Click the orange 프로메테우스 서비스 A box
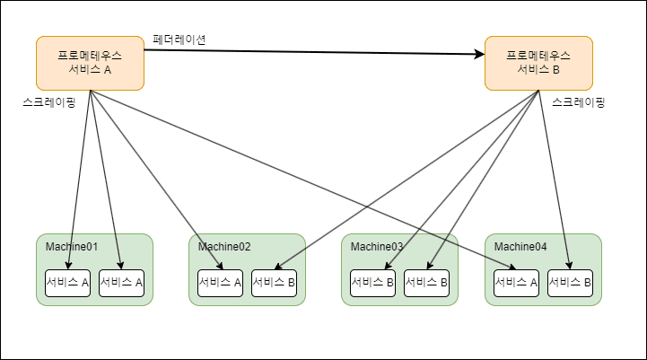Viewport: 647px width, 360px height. tap(90, 63)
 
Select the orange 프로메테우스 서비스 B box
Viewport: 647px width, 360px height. tap(538, 63)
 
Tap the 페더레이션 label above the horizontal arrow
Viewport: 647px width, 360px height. tap(180, 40)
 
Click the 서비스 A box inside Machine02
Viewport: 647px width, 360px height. tap(221, 283)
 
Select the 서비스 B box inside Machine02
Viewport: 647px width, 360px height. tap(275, 283)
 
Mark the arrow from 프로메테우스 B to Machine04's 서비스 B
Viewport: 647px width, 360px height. tap(555, 180)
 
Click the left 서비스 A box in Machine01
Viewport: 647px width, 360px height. tap(68, 283)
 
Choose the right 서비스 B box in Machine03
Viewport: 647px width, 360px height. tap(427, 283)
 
